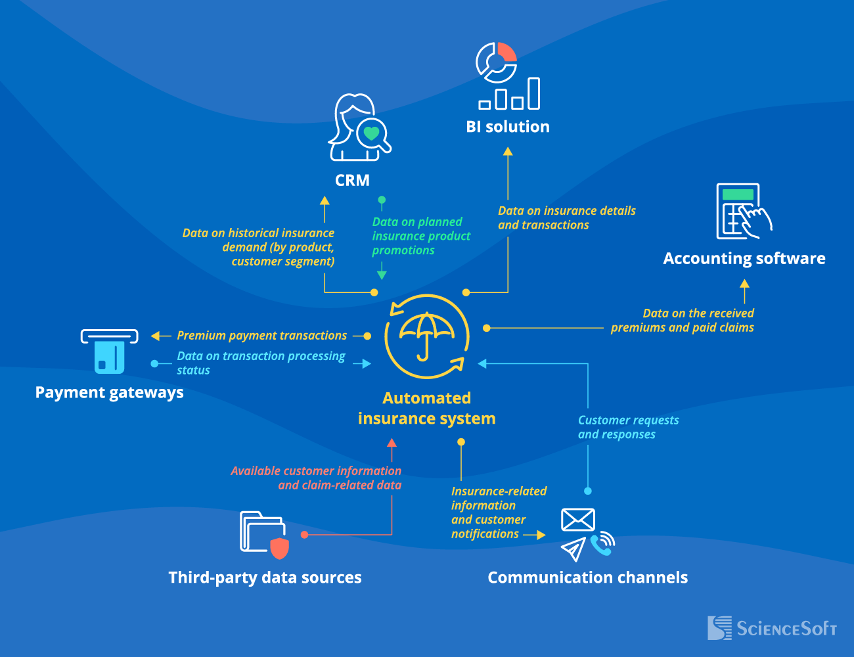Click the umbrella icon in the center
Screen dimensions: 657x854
click(x=427, y=335)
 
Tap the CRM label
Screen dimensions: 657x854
click(x=352, y=180)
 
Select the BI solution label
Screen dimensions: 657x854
click(x=508, y=127)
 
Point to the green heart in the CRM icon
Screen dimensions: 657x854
click(x=371, y=133)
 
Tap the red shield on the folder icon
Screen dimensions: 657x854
click(x=280, y=547)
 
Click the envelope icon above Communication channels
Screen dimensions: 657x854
click(x=577, y=520)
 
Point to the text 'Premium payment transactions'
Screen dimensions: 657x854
click(x=261, y=336)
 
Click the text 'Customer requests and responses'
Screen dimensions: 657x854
click(x=628, y=427)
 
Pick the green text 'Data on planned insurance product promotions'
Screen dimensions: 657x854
click(x=421, y=236)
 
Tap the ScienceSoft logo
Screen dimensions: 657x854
click(x=772, y=628)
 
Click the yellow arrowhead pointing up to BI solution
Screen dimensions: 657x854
click(x=508, y=151)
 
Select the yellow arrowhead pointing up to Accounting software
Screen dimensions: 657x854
click(x=744, y=284)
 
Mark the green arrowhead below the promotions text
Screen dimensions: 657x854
click(x=382, y=275)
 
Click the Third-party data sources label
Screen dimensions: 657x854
click(x=265, y=578)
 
